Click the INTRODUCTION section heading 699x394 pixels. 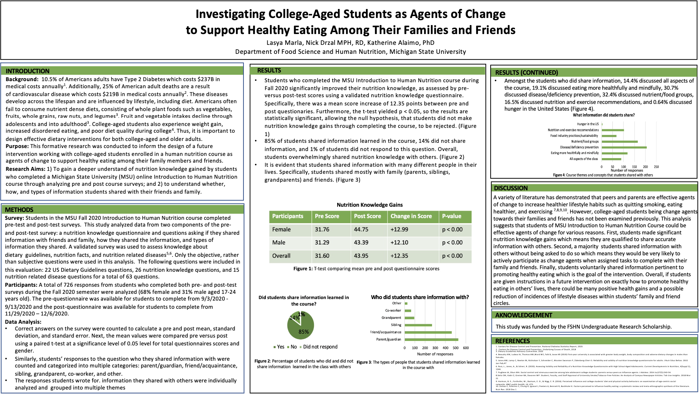[28, 71]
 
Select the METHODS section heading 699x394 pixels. [19, 210]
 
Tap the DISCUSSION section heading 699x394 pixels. [510, 188]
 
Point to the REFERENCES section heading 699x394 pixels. [512, 341]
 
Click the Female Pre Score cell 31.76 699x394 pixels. [322, 230]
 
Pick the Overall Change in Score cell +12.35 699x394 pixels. [399, 256]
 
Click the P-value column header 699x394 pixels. [451, 216]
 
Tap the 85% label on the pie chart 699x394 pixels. [304, 332]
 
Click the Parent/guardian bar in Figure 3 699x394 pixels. [431, 339]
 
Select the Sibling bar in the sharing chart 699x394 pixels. [418, 325]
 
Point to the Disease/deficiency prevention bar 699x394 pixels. [624, 147]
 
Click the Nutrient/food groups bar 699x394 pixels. [619, 142]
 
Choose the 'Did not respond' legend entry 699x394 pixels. [320, 347]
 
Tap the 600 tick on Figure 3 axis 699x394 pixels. [466, 348]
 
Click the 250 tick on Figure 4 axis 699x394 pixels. [656, 167]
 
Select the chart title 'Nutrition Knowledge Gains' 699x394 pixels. [370, 205]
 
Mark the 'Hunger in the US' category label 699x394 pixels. [587, 124]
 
